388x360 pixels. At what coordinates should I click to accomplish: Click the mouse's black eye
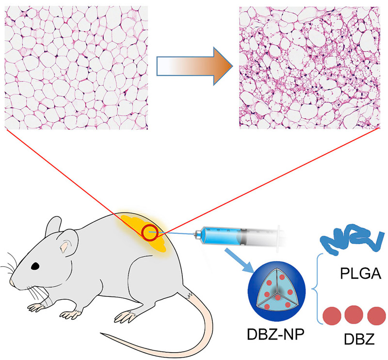(x=35, y=266)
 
